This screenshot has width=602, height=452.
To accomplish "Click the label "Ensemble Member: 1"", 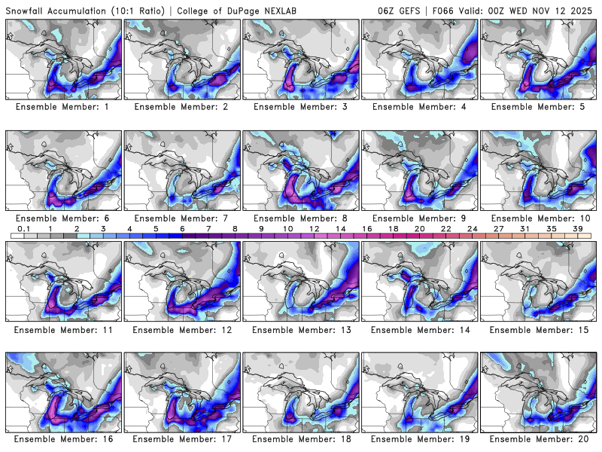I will pos(63,107).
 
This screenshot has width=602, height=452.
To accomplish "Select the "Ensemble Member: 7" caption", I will pos(182,218).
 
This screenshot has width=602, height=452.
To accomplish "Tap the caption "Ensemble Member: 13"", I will pos(302,329).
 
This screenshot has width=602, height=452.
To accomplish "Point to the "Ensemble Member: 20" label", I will pos(540,438).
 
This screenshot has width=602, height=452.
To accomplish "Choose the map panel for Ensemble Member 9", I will pos(421,170).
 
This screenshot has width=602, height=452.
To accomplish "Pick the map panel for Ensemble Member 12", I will pos(182,281).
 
